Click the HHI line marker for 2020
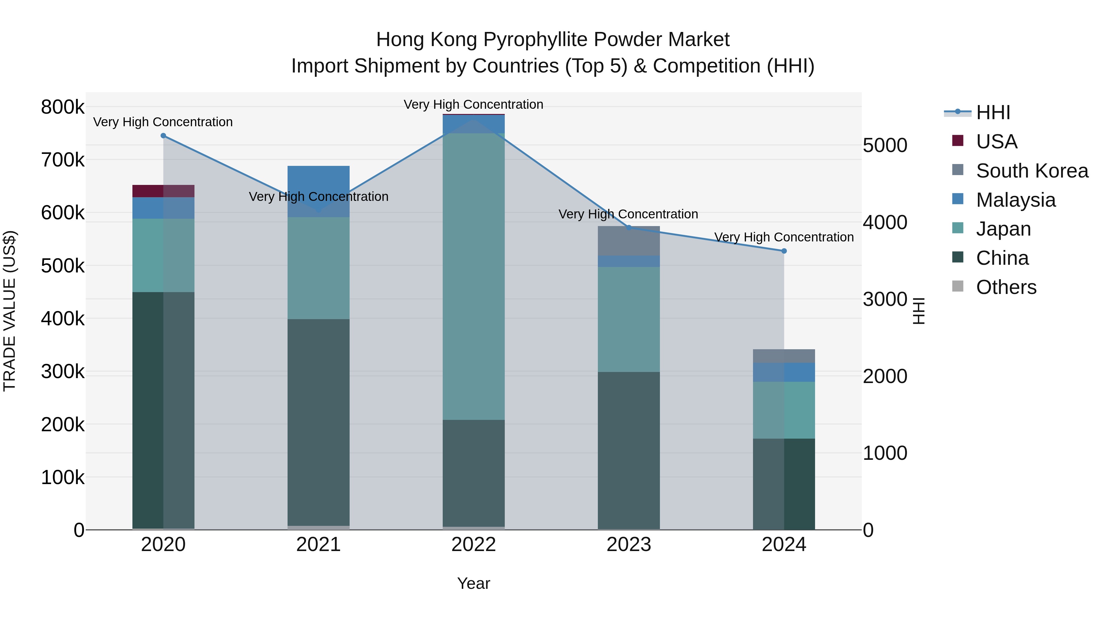(x=163, y=136)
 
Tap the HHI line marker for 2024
(x=784, y=251)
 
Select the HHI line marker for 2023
(x=629, y=228)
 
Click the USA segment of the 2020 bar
(x=163, y=191)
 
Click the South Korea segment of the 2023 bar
(x=629, y=241)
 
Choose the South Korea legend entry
(x=1032, y=171)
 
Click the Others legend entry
(x=1006, y=287)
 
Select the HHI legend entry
(x=993, y=112)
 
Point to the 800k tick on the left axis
(x=63, y=107)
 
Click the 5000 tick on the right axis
(x=885, y=146)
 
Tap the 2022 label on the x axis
(x=473, y=545)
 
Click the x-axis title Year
(x=473, y=583)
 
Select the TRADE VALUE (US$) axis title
(x=10, y=311)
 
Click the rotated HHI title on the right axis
(x=918, y=311)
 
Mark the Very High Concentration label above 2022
(x=473, y=104)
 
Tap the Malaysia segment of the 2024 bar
(x=784, y=372)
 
